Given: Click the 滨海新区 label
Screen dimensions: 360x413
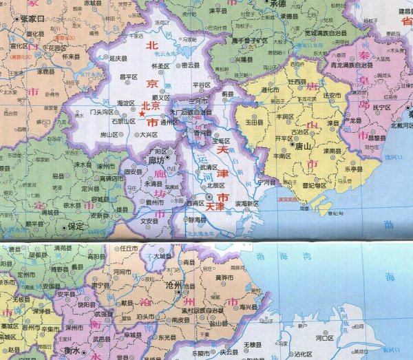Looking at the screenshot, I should pyautogui.click(x=246, y=204).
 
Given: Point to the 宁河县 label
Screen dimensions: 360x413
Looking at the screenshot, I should pyautogui.click(x=265, y=182).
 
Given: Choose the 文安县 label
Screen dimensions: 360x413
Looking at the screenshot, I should pyautogui.click(x=149, y=222).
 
